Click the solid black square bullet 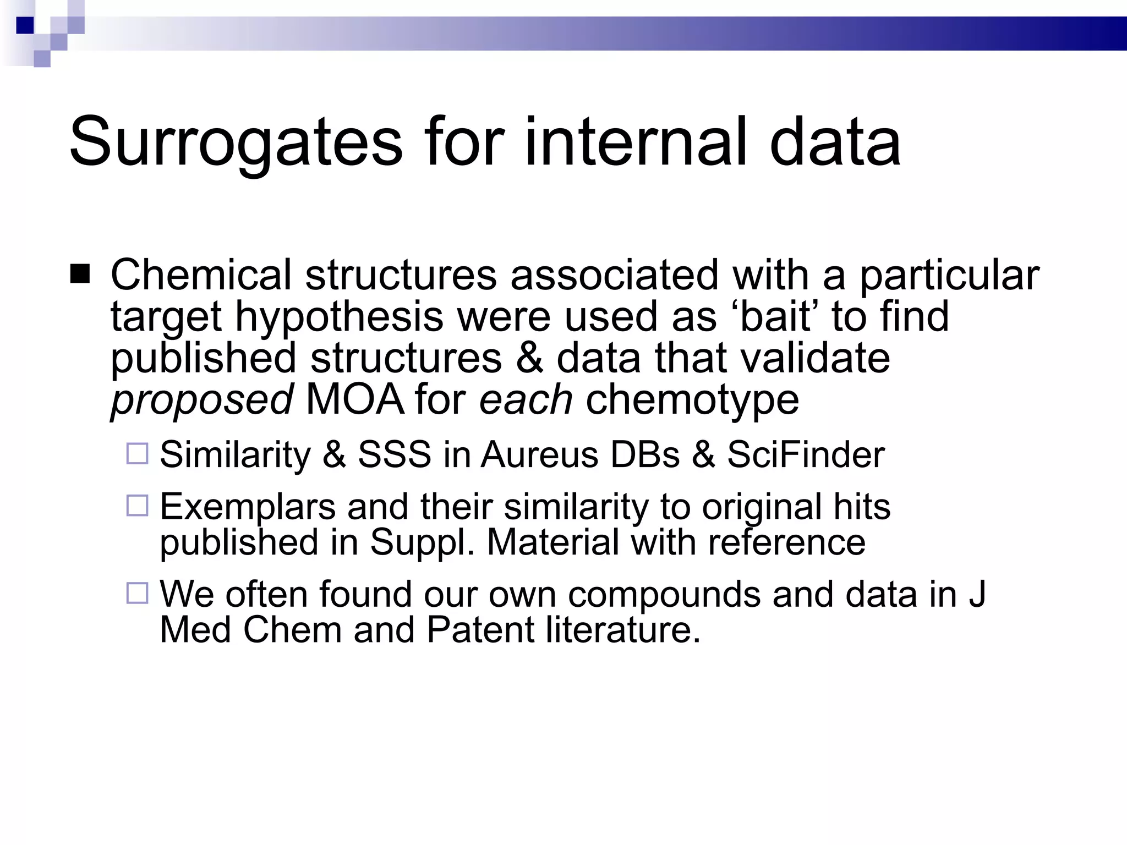pos(80,274)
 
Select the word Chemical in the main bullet pos(201,275)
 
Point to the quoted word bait pos(775,316)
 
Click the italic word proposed pos(201,400)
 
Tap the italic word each pos(526,399)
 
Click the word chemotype pos(692,400)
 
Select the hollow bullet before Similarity pos(138,454)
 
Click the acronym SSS pos(395,454)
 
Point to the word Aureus pos(539,454)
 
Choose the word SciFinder pos(806,454)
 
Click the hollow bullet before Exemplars pos(138,506)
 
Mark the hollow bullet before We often pos(138,594)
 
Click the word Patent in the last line pos(480,630)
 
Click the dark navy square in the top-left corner pos(25,25)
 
